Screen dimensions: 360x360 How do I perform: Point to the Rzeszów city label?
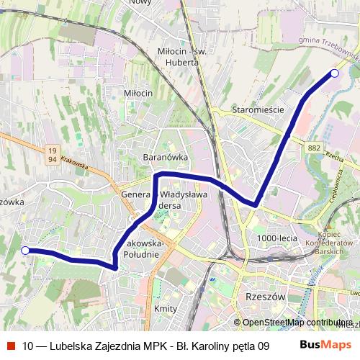click(266, 297)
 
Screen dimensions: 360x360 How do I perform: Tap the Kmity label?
click(166, 307)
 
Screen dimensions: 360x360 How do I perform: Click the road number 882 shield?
click(313, 148)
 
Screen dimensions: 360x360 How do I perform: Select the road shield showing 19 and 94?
click(52, 153)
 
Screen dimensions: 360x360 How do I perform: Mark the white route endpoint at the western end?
click(25, 251)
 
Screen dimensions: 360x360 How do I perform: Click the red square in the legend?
click(10, 345)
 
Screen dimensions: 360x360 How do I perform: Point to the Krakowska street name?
click(75, 165)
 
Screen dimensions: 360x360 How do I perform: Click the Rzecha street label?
click(333, 155)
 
